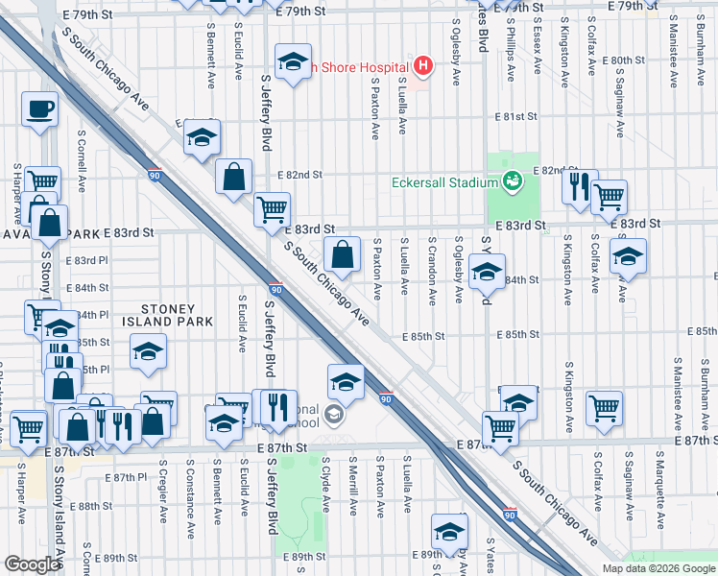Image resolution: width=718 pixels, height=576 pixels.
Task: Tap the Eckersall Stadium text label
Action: (x=444, y=182)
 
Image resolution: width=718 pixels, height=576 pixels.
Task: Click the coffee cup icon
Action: (x=40, y=109)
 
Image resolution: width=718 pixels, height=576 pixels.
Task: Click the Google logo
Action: (x=32, y=564)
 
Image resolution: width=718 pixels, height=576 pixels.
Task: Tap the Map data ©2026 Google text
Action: (x=658, y=568)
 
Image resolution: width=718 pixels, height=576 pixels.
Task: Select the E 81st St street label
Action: (x=514, y=116)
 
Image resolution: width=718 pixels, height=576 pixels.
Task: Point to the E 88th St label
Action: (x=96, y=506)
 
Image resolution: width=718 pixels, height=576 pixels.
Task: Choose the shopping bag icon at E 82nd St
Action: (x=233, y=177)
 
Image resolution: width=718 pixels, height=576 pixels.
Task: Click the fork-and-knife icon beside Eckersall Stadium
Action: (x=579, y=187)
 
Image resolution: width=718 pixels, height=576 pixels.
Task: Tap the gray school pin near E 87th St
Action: (x=334, y=415)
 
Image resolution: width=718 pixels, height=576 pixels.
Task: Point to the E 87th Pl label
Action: (x=127, y=476)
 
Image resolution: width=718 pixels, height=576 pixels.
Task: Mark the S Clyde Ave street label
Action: (x=326, y=491)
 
